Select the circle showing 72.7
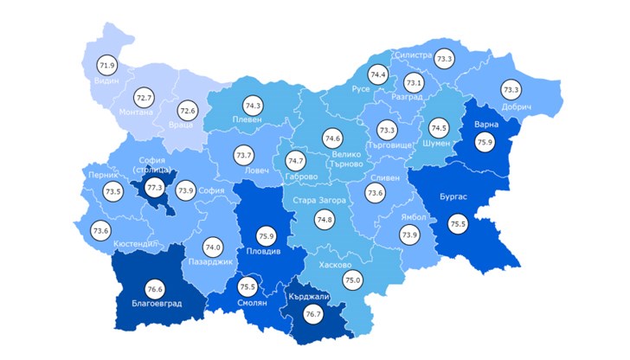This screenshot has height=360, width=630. tap(144, 99)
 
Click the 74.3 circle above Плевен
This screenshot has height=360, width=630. tap(253, 105)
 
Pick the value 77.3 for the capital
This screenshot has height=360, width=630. tap(153, 186)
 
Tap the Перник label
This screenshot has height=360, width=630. tap(103, 174)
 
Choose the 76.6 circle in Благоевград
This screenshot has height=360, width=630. tap(156, 290)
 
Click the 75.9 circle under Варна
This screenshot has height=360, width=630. tap(484, 143)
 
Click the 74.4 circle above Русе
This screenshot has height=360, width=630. tap(378, 74)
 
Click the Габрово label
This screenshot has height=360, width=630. tap(301, 177)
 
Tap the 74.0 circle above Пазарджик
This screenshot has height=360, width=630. tap(213, 247)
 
